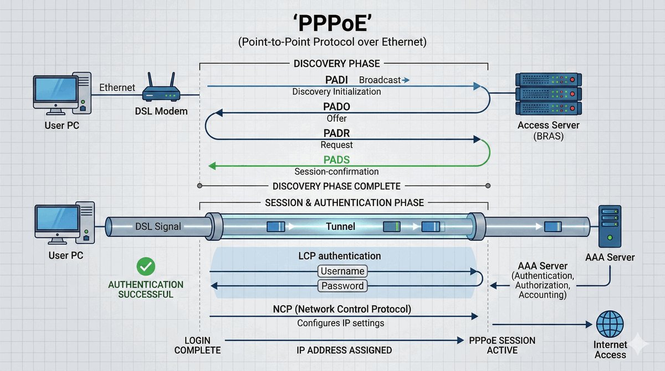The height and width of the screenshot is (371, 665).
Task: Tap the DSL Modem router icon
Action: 160,90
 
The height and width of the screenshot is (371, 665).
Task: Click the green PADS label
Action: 336,160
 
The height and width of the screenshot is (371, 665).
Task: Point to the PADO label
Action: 336,107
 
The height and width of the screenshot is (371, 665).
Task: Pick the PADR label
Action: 336,133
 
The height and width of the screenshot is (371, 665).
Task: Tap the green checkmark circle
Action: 146,267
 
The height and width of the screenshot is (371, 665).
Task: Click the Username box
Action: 342,271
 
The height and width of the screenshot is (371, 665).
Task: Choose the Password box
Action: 342,286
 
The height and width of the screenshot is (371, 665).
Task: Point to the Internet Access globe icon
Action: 610,324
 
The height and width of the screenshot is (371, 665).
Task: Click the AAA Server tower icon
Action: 610,227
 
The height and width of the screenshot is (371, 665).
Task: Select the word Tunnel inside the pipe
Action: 340,226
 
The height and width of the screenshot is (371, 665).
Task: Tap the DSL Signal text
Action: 157,226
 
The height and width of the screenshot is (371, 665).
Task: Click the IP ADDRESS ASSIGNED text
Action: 344,350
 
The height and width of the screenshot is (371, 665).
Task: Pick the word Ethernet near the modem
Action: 117,87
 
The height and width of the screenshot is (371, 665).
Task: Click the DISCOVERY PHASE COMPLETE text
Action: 336,187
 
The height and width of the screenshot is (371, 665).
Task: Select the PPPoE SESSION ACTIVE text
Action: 502,344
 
